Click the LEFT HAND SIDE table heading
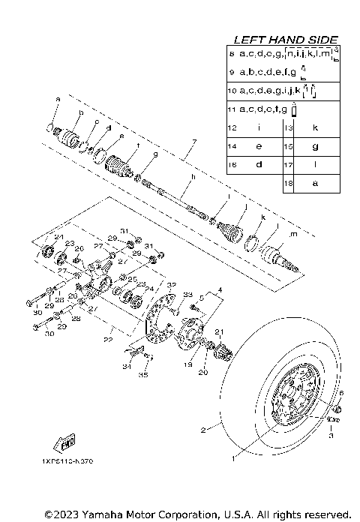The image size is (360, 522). pos(286,39)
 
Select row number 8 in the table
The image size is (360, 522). pos(232,54)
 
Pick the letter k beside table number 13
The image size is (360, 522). pos(315,128)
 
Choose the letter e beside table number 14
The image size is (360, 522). pos(259,146)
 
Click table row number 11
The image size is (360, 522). pos(232,109)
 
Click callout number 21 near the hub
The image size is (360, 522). pos(219,332)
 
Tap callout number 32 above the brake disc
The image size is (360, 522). pos(170,285)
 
